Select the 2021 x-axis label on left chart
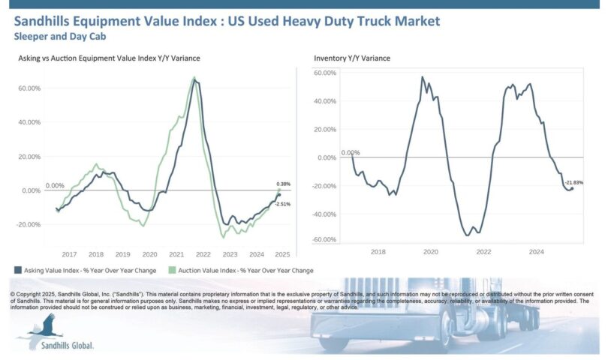[x=176, y=253]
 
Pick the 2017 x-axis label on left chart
[x=68, y=253]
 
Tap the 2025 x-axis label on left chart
[x=283, y=253]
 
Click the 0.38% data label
[x=283, y=184]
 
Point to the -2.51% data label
[x=283, y=204]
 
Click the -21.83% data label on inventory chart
[x=574, y=182]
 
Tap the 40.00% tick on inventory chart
[x=325, y=101]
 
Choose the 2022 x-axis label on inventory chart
[x=483, y=253]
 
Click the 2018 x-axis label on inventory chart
[x=378, y=253]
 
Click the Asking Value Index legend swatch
[x=17, y=270]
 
